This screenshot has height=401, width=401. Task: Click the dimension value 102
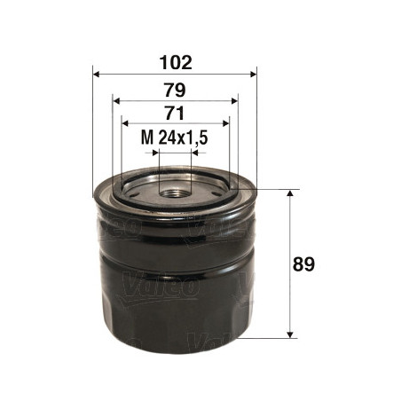pyautogui.click(x=176, y=62)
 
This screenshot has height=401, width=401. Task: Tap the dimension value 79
pyautogui.click(x=175, y=90)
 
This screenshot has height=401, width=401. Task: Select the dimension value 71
pyautogui.click(x=175, y=113)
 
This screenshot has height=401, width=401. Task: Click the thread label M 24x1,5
pyautogui.click(x=174, y=138)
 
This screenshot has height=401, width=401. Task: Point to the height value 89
pyautogui.click(x=303, y=264)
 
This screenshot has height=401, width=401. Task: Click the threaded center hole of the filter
pyautogui.click(x=175, y=194)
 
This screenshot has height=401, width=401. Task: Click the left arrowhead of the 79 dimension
pyautogui.click(x=116, y=101)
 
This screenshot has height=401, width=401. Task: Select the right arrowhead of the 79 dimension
pyautogui.click(x=234, y=101)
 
